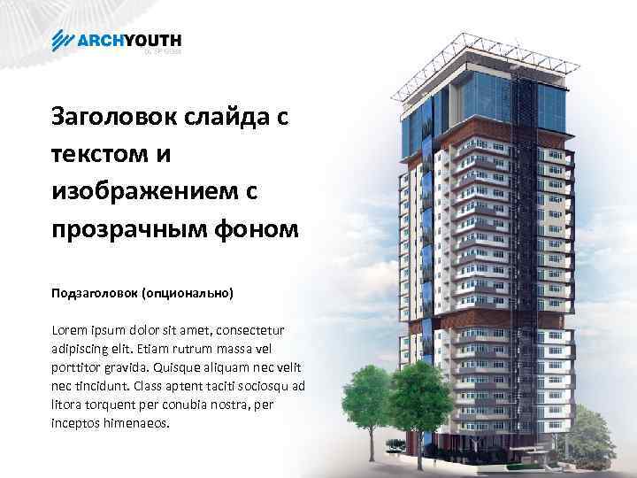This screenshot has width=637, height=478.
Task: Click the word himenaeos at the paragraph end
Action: (x=133, y=423)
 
